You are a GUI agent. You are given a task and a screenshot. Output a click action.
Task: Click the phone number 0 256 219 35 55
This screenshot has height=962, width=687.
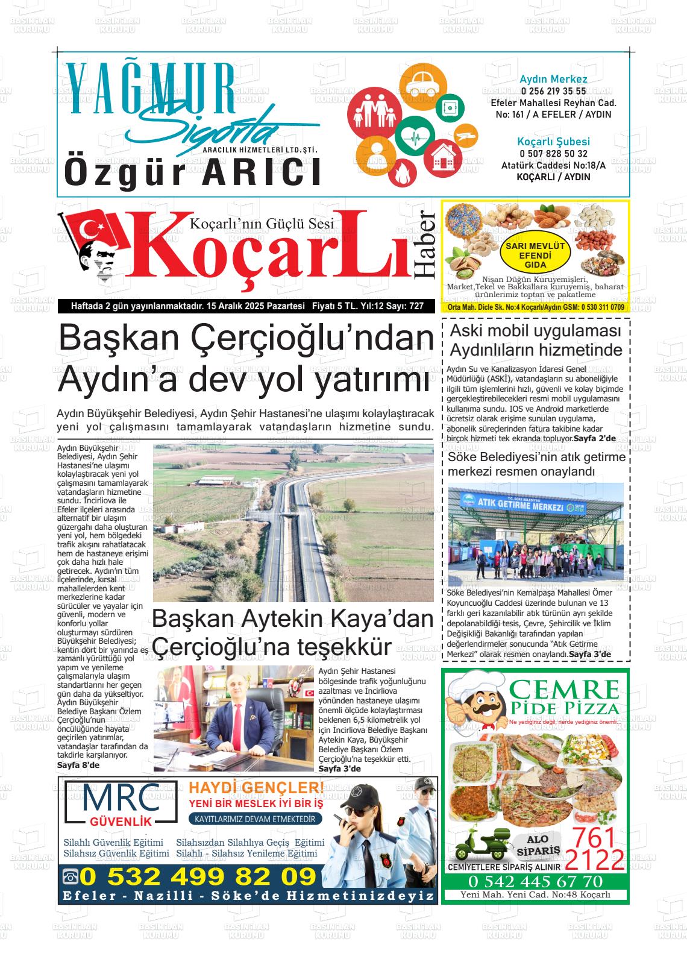point(553,91)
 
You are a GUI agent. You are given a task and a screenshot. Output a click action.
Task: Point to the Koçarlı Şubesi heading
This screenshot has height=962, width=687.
point(553,142)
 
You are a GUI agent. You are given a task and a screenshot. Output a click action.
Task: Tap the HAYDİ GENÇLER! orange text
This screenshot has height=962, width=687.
point(256,787)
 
